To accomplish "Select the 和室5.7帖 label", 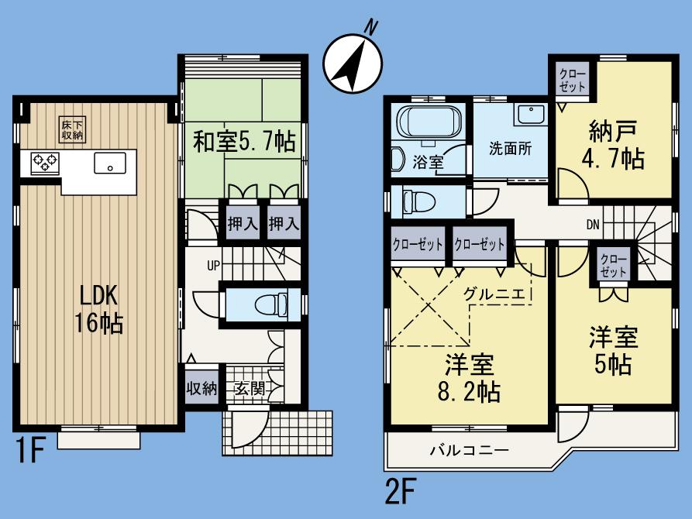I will [243, 142].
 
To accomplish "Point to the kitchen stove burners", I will [45, 163].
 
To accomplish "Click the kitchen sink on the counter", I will [110, 163].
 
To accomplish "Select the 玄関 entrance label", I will [247, 389].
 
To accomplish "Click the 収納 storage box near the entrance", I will [200, 389].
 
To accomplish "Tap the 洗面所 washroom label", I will [509, 149].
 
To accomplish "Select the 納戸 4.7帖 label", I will [611, 144].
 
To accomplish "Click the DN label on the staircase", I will [592, 225].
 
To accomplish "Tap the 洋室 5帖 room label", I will [613, 350].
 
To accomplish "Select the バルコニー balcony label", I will [469, 450].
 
